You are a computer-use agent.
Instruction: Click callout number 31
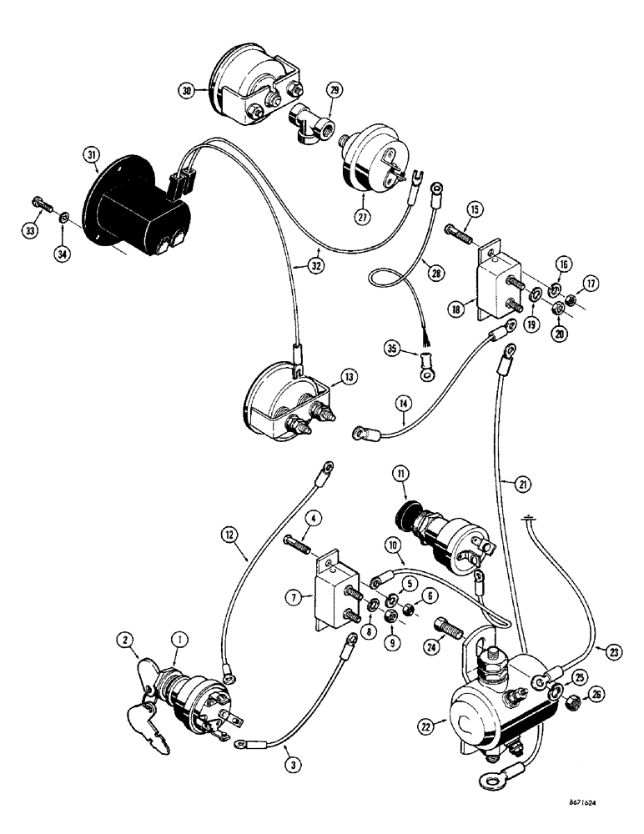90,155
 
